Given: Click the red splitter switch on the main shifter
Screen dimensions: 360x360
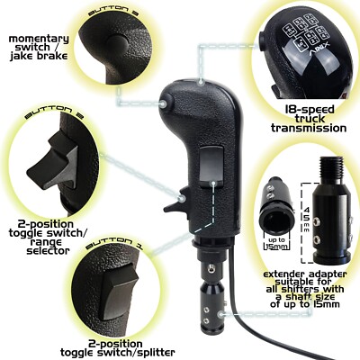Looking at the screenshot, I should point(209,163).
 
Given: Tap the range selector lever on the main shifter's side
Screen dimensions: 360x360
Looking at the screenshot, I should point(183,195).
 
